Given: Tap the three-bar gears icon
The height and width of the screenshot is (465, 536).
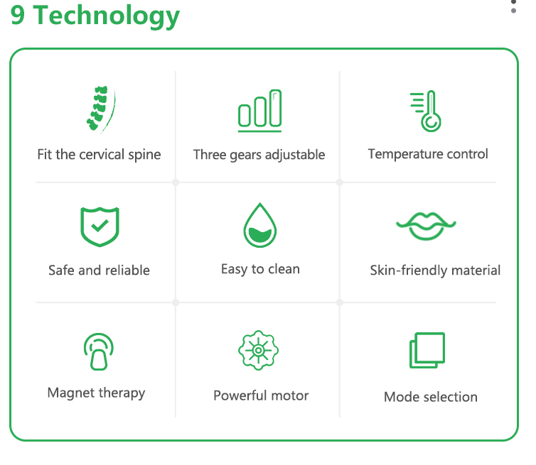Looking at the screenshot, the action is point(259,111).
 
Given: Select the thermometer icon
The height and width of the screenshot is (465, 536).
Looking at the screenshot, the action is point(426,111).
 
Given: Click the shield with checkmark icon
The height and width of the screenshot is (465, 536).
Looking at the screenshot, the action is point(100,226).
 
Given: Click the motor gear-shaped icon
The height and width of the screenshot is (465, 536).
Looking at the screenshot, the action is point(259,350).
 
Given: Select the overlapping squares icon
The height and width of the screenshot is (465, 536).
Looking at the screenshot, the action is point(427,351).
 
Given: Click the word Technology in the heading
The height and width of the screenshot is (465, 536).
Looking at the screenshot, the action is point(106,16).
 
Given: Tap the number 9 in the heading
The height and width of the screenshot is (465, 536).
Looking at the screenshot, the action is point(18,15).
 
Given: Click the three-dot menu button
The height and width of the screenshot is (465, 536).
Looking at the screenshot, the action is point(513,6).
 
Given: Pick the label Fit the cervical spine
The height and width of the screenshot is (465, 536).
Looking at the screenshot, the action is point(99,154).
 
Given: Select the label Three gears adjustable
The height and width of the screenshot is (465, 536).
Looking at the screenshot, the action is point(259,155).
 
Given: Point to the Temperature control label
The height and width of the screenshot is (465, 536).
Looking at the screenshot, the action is point(428,154).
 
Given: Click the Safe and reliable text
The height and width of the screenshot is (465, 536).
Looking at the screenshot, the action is point(99,270).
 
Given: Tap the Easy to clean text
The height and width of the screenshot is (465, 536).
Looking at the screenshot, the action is point(260,269).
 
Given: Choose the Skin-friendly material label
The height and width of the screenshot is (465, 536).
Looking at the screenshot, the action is point(435,270).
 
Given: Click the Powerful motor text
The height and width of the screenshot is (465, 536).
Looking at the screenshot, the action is point(261,395).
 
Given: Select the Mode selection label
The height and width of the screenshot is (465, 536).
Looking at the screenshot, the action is point(431,397).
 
